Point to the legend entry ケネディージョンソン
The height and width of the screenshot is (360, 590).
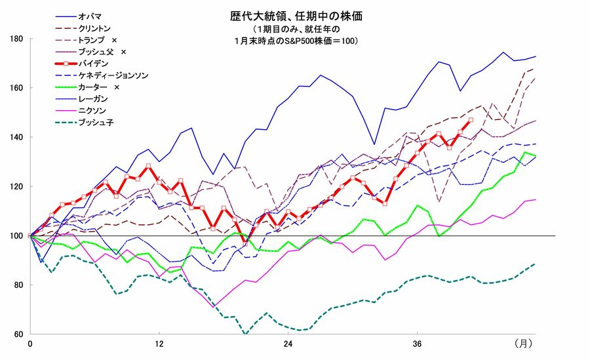pos(113,76)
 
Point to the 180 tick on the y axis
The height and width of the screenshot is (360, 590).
pos(18,39)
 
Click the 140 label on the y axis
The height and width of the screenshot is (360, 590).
pos(18,137)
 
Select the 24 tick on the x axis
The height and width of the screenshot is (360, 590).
pos(288,344)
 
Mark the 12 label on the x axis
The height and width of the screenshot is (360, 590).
pos(159,344)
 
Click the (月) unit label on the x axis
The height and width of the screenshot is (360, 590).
pos(523,344)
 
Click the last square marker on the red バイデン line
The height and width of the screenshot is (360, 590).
pos(471,120)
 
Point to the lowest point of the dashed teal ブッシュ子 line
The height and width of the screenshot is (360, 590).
pos(245,334)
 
